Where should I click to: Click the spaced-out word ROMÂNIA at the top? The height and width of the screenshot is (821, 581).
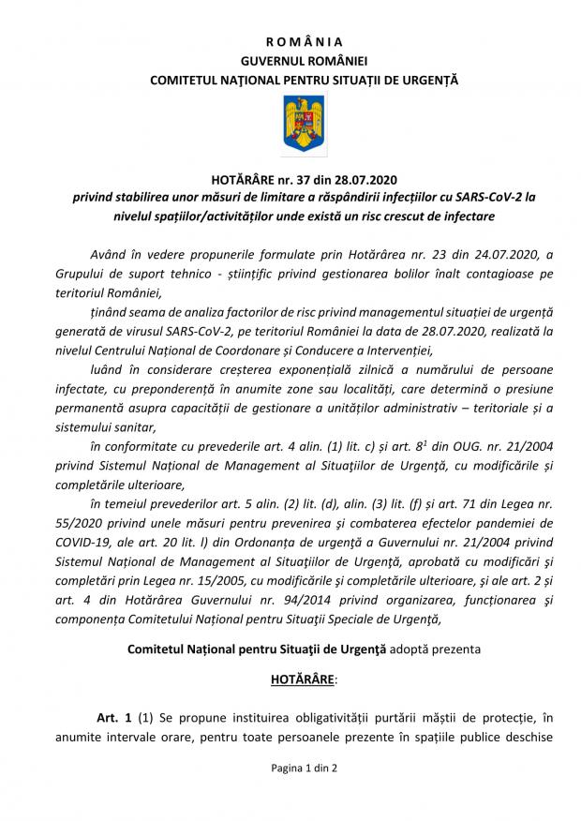pyautogui.click(x=290, y=41)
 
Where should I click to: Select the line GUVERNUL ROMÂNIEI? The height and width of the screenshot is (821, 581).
pyautogui.click(x=290, y=61)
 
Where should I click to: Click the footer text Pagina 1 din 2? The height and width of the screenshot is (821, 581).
pyautogui.click(x=290, y=793)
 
